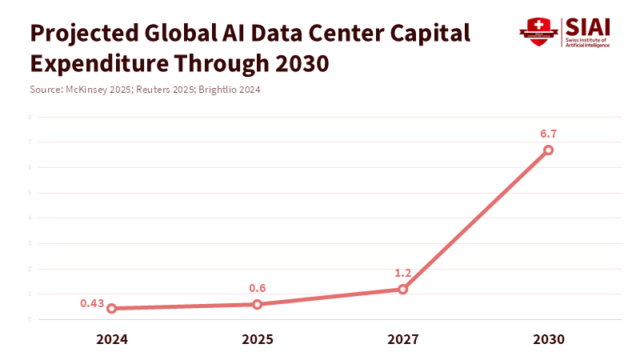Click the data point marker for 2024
tap(112, 308)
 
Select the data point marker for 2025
tap(258, 304)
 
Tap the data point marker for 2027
tap(403, 289)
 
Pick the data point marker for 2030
tap(549, 150)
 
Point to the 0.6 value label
tap(258, 288)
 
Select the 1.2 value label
tap(403, 273)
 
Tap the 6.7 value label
tap(549, 134)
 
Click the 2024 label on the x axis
tap(112, 339)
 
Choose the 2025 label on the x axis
tap(258, 339)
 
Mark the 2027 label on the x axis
tap(403, 339)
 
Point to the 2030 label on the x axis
tap(549, 339)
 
